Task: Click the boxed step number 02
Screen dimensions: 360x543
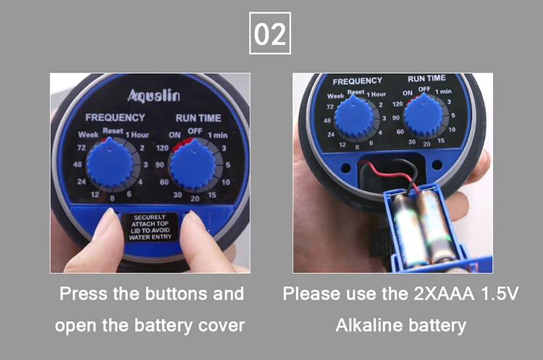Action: pos(271,33)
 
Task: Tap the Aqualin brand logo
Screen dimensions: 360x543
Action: pos(153,96)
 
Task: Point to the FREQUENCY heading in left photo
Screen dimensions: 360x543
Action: pos(115,117)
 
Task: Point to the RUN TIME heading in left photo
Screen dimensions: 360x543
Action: pos(198,117)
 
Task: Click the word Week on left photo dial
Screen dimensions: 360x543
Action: pos(87,135)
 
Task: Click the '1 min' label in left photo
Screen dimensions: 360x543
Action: pos(218,135)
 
